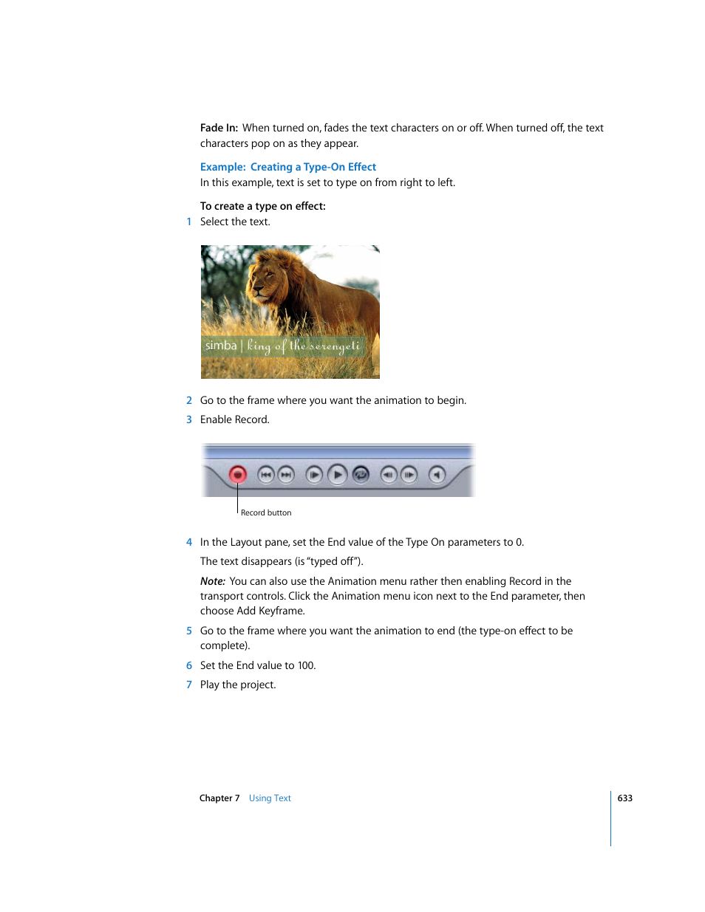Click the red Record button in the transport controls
click(x=237, y=475)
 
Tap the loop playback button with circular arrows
click(x=361, y=475)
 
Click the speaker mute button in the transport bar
click(x=437, y=475)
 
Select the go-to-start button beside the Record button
click(x=266, y=475)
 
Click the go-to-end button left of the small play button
click(x=286, y=475)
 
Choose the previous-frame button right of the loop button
click(x=388, y=475)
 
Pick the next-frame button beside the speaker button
click(x=409, y=475)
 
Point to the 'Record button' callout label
click(x=266, y=512)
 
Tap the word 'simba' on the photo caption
click(x=221, y=346)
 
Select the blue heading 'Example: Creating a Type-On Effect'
click(x=288, y=167)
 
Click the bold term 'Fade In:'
click(x=219, y=128)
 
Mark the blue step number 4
click(x=189, y=542)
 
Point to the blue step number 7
click(x=189, y=685)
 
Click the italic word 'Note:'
click(x=213, y=581)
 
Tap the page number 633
click(x=625, y=798)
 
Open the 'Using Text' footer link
click(x=270, y=798)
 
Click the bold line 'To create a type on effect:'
click(x=262, y=206)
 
